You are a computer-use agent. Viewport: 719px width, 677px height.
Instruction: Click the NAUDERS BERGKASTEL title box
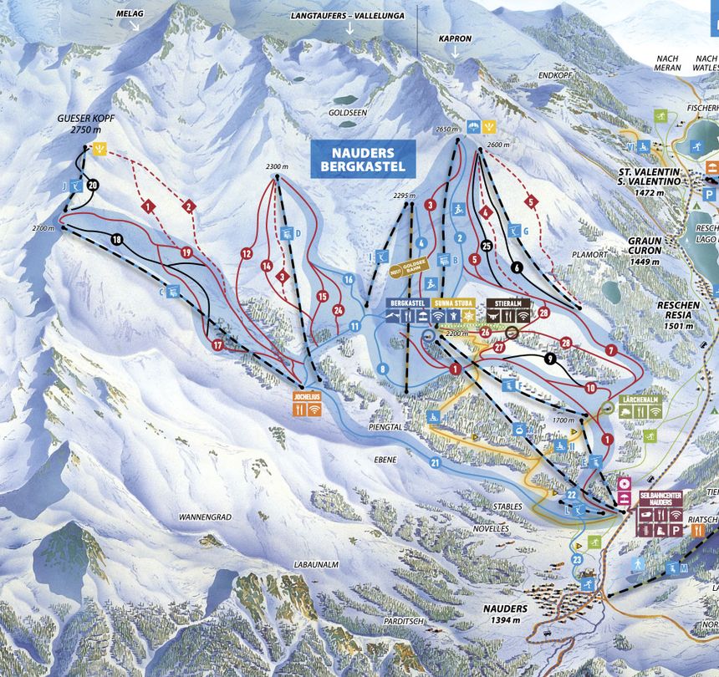(362, 159)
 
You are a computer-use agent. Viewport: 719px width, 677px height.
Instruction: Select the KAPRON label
(456, 38)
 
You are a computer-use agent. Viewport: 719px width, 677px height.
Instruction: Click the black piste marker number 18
(116, 241)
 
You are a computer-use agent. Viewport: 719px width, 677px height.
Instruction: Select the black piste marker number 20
(93, 185)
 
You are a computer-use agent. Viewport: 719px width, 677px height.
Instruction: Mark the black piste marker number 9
(549, 359)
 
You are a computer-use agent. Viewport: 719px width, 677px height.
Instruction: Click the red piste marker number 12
(246, 252)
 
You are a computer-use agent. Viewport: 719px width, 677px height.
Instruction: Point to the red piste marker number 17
(218, 344)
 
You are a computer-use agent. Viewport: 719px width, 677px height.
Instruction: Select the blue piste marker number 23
(577, 559)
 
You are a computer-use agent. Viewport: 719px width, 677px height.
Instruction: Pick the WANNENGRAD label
(204, 517)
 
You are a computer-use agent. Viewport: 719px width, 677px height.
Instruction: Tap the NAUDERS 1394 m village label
(504, 614)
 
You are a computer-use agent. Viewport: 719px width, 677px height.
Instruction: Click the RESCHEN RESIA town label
(678, 310)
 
